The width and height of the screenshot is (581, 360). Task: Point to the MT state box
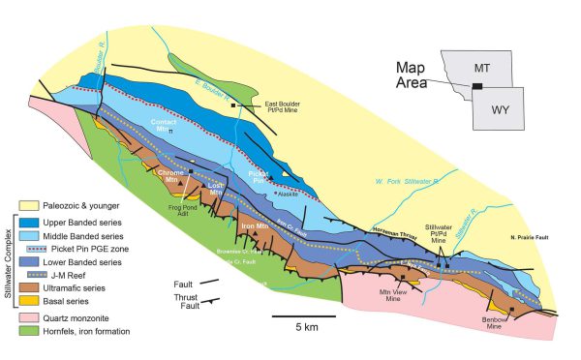(x=498, y=71)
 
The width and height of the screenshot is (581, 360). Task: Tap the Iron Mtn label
(x=255, y=225)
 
